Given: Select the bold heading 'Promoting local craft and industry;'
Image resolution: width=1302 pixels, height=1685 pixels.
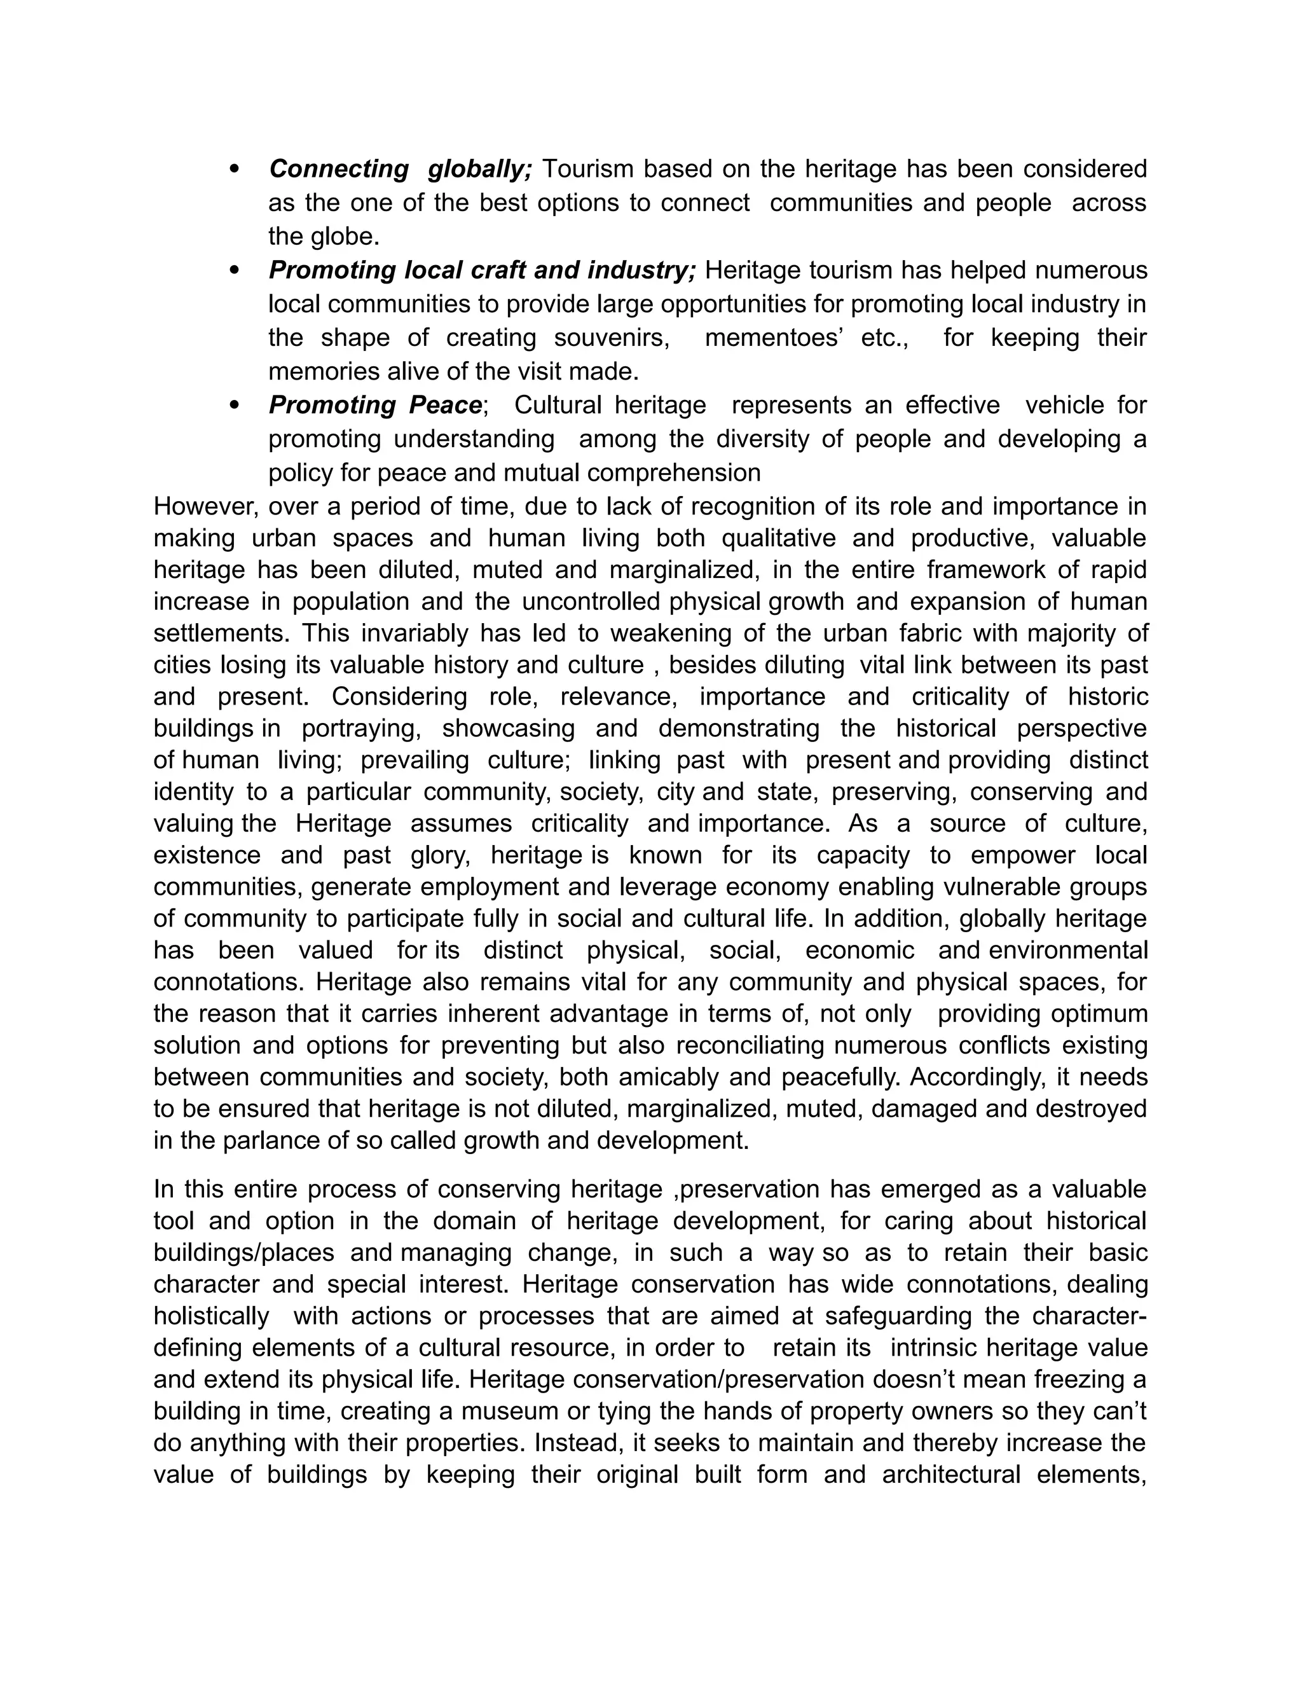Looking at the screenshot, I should (482, 270).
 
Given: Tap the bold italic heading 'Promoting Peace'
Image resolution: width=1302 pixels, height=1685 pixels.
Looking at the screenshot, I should (376, 405).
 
